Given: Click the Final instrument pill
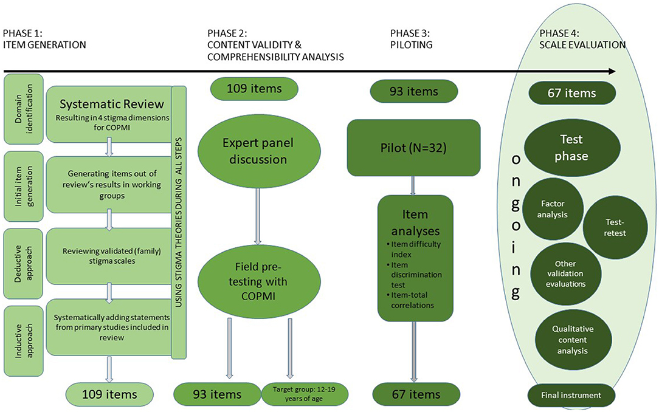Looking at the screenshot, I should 572,395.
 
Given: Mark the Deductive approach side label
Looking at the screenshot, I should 22,256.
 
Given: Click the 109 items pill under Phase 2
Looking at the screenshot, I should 254,89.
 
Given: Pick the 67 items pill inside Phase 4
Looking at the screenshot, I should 573,93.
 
